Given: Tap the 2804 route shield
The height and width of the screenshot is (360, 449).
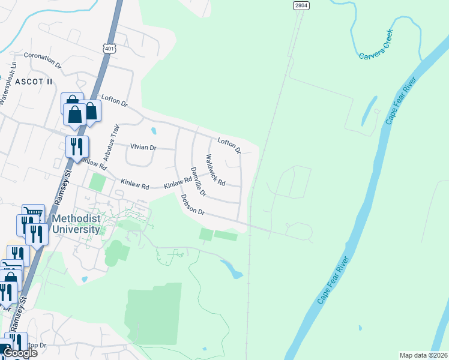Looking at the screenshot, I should click(x=301, y=5).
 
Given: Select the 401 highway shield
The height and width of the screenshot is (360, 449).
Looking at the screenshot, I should click(x=109, y=49).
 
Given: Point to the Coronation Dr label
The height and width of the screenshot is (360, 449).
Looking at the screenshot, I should click(x=43, y=59).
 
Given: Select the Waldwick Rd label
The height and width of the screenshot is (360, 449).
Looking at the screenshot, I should click(x=215, y=170).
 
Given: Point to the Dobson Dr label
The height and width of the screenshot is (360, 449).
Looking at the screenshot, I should click(x=193, y=204).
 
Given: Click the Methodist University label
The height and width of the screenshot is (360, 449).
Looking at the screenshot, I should click(x=75, y=224).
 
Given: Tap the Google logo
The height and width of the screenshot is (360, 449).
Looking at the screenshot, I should click(x=20, y=353).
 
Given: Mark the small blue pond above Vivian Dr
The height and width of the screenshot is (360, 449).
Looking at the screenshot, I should click(x=154, y=130).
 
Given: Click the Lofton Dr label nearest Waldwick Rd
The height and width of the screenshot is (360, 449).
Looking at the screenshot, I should click(x=229, y=145).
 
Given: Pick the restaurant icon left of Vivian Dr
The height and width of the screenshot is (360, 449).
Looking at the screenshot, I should click(x=76, y=146).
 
